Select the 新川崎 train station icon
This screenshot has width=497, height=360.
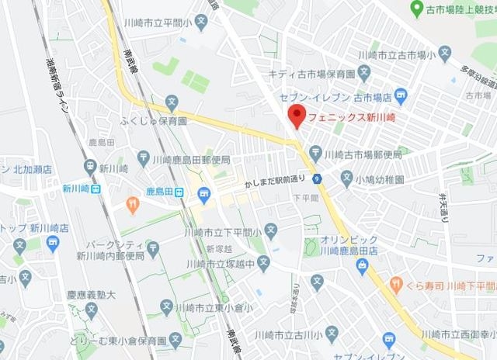[96, 189]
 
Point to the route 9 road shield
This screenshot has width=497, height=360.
[318, 178]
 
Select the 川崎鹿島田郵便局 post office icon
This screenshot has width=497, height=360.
[143, 158]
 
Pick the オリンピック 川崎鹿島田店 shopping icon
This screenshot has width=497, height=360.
[361, 265]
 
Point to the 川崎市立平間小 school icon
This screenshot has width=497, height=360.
[201, 21]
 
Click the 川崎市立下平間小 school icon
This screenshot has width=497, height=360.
[270, 230]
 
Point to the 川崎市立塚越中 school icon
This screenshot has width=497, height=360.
[264, 262]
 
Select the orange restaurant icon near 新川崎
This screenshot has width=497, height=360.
[132, 205]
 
